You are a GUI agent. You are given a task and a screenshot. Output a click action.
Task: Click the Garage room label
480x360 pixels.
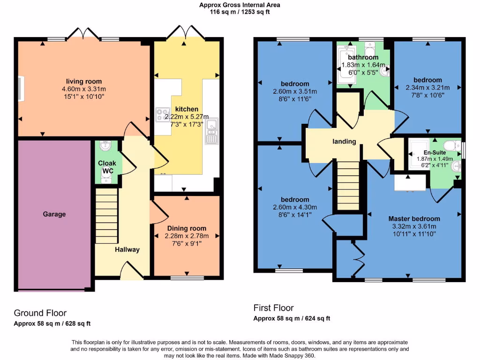click(x=54, y=214)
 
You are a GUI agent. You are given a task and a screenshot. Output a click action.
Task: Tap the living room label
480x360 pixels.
click(x=84, y=82)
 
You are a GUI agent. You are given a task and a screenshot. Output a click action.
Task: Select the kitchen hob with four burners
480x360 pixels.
click(x=163, y=115)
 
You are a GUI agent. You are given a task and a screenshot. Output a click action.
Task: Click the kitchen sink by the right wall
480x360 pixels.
click(x=211, y=131)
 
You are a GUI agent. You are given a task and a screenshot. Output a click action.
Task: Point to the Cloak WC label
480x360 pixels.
click(x=107, y=167)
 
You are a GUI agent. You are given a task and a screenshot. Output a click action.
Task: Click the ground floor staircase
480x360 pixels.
click(x=107, y=216)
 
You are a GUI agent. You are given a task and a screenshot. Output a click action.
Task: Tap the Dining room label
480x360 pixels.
click(x=187, y=228)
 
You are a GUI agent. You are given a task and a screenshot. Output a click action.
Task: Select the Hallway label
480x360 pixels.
click(x=127, y=249)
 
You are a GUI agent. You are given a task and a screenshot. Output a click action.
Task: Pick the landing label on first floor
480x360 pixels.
click(x=345, y=142)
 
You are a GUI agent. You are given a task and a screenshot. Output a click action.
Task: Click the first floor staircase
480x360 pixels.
click(x=348, y=186)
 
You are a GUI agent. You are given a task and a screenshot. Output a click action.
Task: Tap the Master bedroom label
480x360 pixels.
click(x=414, y=219)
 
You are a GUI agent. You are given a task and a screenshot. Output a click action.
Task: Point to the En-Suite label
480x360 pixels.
click(x=435, y=152)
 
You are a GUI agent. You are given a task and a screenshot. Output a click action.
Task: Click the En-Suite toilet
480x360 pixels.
click(x=452, y=145)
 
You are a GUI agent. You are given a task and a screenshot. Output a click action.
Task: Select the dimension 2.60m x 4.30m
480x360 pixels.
click(x=295, y=207)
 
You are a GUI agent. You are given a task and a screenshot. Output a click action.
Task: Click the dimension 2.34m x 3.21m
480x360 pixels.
click(x=427, y=88)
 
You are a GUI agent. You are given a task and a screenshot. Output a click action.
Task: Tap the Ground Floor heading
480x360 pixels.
click(x=40, y=313)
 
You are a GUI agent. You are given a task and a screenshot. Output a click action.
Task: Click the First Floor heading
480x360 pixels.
click(x=273, y=307)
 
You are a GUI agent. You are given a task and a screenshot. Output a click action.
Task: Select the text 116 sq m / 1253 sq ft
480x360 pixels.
click(x=240, y=12)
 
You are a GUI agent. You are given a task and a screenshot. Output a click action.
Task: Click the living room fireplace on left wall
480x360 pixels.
click(x=21, y=89)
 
